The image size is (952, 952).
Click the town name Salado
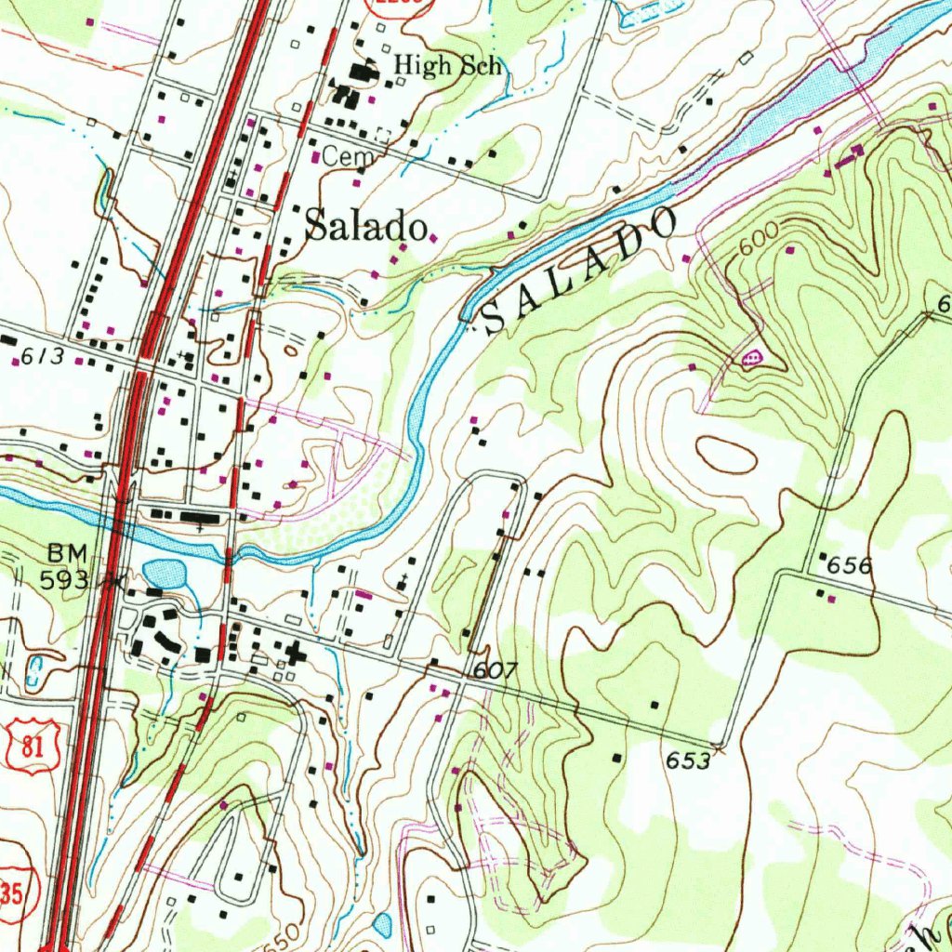tap(366, 225)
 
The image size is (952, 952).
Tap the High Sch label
tap(447, 65)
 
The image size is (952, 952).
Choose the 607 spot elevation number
tap(494, 670)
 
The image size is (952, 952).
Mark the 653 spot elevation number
tap(688, 760)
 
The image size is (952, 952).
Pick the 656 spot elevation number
tap(850, 565)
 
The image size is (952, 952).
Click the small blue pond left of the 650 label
tap(382, 924)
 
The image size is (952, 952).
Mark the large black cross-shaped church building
tap(297, 654)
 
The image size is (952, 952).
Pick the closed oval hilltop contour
tap(724, 455)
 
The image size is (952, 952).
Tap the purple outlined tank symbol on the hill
tap(751, 356)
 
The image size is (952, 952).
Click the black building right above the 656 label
tap(822, 556)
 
